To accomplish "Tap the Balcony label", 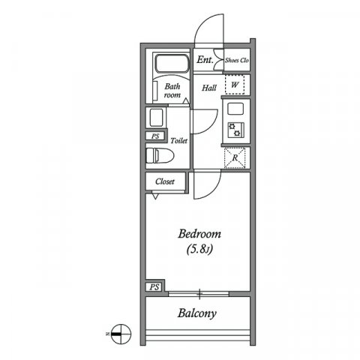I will (x=197, y=313).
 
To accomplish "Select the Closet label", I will (x=165, y=181).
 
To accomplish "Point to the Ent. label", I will (x=205, y=60).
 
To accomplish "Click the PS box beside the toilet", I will (x=155, y=136).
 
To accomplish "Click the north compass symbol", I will (x=119, y=330).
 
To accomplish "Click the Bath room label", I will (x=173, y=91).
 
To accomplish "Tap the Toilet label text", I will (x=178, y=140).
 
